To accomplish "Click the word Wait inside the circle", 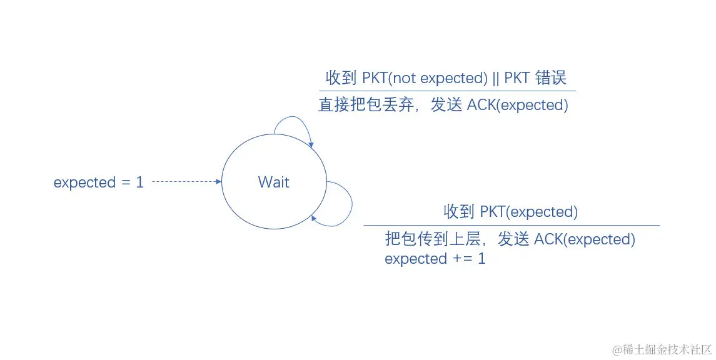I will coord(274,182).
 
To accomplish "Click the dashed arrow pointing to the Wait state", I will coord(186,182).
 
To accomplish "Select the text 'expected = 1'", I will coord(99,182).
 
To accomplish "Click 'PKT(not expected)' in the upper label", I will coord(425,78).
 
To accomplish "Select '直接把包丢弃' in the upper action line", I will coord(366,105).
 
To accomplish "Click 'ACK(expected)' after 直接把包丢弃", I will coord(518,105).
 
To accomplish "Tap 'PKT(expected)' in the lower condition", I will coord(528,212).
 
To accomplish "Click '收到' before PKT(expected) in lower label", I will coord(459,212).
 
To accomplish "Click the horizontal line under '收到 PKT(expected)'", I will coord(512,225).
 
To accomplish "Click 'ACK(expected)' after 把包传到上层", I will coord(585,239).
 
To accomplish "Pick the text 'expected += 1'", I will coord(435,259).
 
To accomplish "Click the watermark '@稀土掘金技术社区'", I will coord(662,349).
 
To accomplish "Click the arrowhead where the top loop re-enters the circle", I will coord(311,145).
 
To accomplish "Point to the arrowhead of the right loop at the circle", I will coord(314,217).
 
